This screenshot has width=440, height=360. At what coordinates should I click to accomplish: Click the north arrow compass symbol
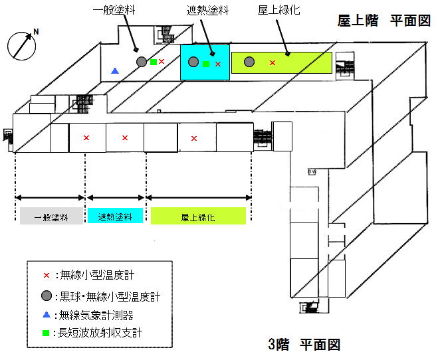(22, 45)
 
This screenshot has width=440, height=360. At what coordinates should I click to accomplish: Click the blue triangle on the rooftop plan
(116, 70)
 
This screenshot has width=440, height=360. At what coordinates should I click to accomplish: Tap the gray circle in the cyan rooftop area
(193, 62)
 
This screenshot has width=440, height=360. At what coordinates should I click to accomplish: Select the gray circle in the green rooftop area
(249, 62)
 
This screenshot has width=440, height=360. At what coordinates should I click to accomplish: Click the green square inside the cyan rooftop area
(206, 64)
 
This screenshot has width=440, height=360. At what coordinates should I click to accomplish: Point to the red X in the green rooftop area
(273, 62)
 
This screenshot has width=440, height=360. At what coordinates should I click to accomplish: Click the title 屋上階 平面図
(385, 21)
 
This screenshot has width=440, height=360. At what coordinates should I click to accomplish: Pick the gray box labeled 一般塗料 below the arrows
(51, 217)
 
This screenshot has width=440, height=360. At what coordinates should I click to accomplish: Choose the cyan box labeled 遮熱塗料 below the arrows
(115, 217)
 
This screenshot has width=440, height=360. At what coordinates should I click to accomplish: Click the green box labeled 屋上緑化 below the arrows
(198, 217)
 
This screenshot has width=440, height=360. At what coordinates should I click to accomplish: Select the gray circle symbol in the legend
(46, 295)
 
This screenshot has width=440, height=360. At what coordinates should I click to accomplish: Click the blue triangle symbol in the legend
(46, 314)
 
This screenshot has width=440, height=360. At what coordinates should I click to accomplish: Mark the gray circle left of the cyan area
(141, 62)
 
